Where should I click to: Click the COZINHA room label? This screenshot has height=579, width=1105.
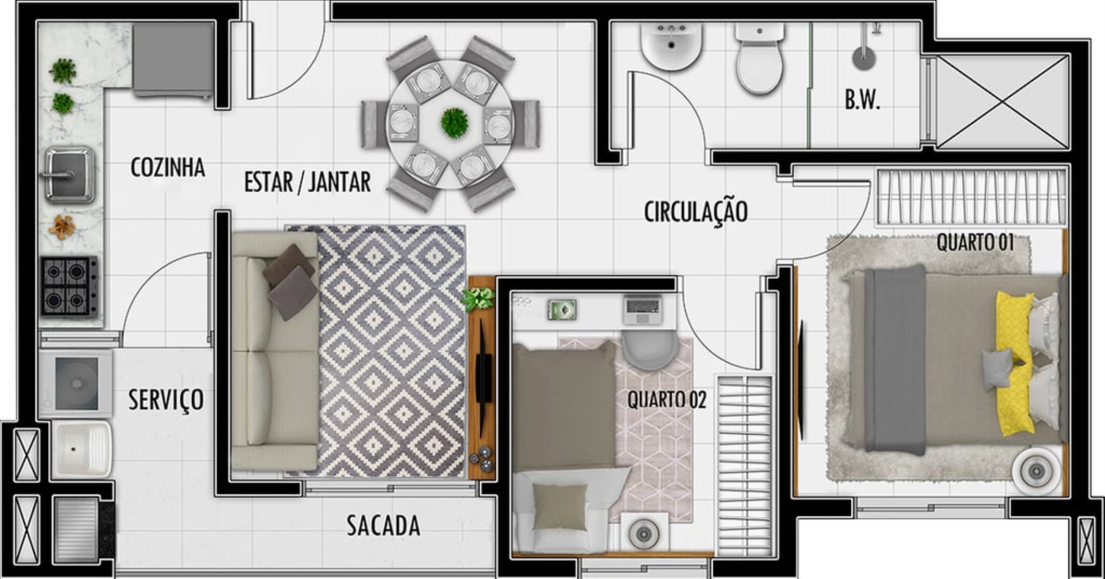pyautogui.click(x=167, y=167)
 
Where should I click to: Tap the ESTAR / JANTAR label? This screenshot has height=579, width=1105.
pyautogui.click(x=307, y=182)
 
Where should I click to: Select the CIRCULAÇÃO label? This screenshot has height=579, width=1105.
pyautogui.click(x=696, y=212)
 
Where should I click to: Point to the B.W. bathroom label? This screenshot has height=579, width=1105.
pyautogui.click(x=863, y=100)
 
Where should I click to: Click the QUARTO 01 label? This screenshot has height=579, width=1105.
pyautogui.click(x=976, y=243)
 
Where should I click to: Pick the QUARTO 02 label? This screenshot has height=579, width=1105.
pyautogui.click(x=667, y=400)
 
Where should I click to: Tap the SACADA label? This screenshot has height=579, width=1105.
pyautogui.click(x=384, y=525)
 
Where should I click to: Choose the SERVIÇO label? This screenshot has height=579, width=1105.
pyautogui.click(x=166, y=400)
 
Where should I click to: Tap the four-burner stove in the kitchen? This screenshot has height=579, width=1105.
pyautogui.click(x=68, y=286)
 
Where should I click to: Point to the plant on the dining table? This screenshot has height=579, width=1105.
pyautogui.click(x=454, y=123)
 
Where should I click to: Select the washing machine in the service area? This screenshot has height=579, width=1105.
pyautogui.click(x=76, y=383)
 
